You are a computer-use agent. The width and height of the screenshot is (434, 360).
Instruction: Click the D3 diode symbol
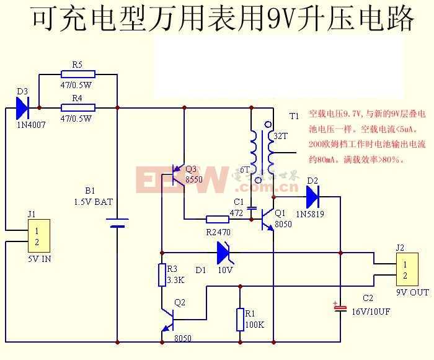point(22,108)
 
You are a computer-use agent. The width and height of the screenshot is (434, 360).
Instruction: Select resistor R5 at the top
point(77,74)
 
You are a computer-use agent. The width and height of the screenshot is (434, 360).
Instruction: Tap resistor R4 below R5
point(77,107)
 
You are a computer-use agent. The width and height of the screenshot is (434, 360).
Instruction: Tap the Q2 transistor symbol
point(167,320)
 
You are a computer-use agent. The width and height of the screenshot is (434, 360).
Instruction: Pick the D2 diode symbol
point(312,197)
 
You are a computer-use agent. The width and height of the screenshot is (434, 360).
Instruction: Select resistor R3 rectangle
point(162,275)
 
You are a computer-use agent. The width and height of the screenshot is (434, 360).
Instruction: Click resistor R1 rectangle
point(240,320)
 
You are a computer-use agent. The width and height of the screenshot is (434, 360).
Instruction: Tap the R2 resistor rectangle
point(217,219)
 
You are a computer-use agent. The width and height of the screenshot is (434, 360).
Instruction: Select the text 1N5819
point(309,214)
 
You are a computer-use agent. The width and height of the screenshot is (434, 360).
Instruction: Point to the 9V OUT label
point(412,292)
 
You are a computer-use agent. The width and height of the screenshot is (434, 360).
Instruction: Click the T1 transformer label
point(294,116)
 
